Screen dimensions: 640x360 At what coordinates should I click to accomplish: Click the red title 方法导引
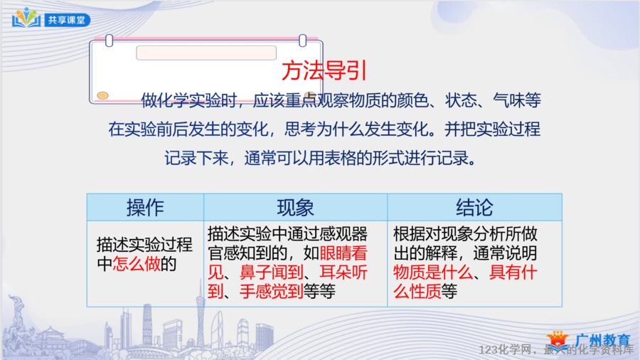tap(324, 70)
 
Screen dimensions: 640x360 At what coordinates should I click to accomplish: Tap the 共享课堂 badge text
tap(67, 20)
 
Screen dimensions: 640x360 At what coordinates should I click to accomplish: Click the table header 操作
tap(145, 207)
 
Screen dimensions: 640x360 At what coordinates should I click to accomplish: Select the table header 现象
tap(295, 207)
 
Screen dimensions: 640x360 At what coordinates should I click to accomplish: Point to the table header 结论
tap(474, 207)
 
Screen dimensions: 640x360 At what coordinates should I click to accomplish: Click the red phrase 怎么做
tap(137, 264)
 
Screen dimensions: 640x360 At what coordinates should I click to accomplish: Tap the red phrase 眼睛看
tap(343, 253)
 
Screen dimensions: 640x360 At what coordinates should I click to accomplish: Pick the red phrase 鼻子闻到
tap(272, 272)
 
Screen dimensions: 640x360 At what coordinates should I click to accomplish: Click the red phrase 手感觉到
tap(272, 292)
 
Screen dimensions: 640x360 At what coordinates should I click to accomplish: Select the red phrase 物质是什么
tap(432, 272)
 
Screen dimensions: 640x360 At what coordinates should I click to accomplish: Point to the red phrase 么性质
tap(417, 292)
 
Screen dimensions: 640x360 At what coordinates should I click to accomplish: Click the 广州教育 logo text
tap(603, 339)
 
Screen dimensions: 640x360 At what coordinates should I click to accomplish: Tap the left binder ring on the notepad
tap(109, 41)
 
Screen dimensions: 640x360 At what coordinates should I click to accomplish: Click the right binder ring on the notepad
tap(302, 41)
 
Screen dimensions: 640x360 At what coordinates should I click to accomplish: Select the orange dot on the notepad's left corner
tap(102, 95)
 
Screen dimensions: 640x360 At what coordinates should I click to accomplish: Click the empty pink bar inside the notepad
tap(206, 53)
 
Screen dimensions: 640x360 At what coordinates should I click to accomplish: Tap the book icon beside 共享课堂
tap(26, 18)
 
